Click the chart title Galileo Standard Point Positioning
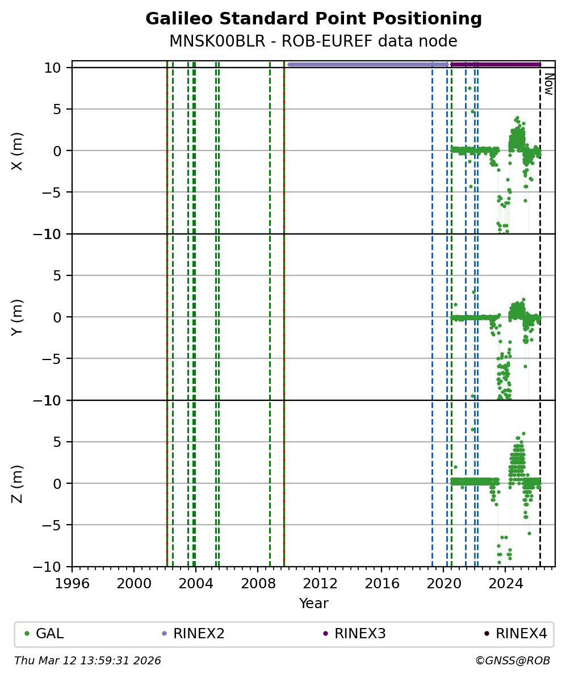pyautogui.click(x=313, y=19)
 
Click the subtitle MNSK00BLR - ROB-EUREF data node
pyautogui.click(x=313, y=41)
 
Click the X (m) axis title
pyautogui.click(x=18, y=150)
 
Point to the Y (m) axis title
pyautogui.click(x=18, y=317)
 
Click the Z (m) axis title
pyautogui.click(x=18, y=483)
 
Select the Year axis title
pyautogui.click(x=313, y=603)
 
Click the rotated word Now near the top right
pyautogui.click(x=549, y=83)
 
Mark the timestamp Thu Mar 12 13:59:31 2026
pyautogui.click(x=87, y=661)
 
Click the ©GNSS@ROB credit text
pyautogui.click(x=513, y=661)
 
